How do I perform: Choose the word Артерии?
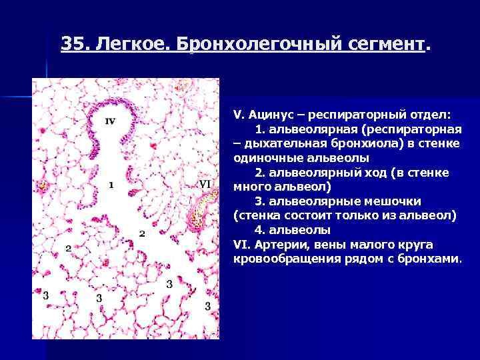click(279, 244)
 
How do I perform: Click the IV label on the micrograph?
click(110, 121)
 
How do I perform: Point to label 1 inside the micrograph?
click(110, 185)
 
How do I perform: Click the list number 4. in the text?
click(260, 230)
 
